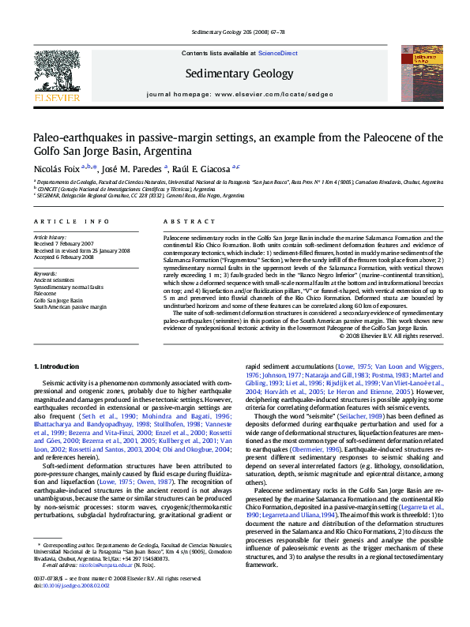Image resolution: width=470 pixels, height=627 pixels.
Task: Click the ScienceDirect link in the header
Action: (278, 53)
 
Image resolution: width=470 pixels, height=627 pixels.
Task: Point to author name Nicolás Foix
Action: (55, 168)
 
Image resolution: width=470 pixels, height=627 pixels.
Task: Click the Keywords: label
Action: (47, 274)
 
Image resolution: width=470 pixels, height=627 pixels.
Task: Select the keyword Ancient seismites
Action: (54, 280)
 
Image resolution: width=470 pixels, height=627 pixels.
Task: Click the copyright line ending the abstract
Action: (379, 336)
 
